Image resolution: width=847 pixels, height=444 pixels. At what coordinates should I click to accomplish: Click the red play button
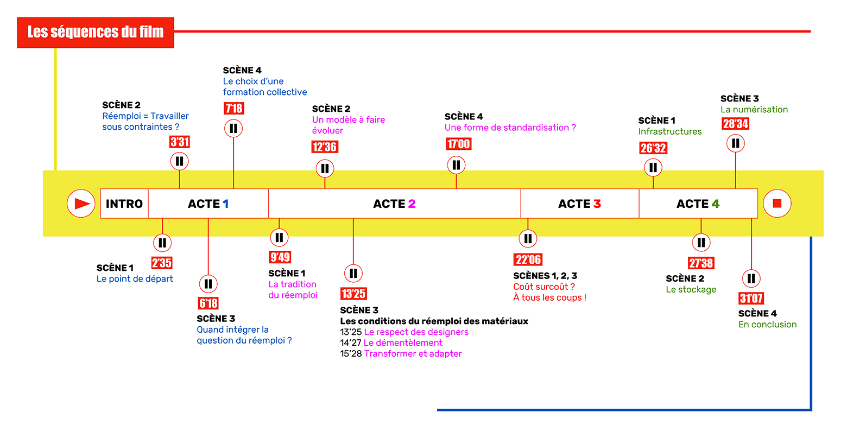[x=81, y=204]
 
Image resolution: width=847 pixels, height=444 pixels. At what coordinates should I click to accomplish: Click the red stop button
[x=776, y=204]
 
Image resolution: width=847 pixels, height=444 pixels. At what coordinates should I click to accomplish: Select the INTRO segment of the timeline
[x=124, y=204]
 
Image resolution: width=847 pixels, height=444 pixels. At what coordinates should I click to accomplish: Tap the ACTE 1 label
[x=208, y=204]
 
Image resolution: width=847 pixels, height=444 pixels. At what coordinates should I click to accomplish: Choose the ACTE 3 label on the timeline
[x=579, y=204]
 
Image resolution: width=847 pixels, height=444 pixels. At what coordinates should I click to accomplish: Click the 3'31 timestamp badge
[x=180, y=142]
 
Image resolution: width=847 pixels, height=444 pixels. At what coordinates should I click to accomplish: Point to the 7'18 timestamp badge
[x=234, y=109]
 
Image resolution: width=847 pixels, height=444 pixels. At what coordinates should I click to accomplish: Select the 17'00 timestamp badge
[x=458, y=144]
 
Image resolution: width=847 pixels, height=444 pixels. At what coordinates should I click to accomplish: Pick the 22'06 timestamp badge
[x=528, y=259]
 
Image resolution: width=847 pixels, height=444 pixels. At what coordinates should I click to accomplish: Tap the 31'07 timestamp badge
[x=751, y=298]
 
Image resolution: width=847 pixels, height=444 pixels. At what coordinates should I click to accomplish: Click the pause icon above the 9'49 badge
[x=279, y=237]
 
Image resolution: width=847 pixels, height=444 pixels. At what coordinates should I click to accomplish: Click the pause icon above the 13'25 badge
[x=353, y=273]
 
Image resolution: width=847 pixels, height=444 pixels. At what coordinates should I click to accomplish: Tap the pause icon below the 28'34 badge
[x=736, y=143]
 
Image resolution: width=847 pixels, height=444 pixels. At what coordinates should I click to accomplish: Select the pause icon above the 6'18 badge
[x=208, y=284]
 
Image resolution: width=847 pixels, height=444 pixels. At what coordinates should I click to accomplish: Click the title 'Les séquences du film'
[x=96, y=33]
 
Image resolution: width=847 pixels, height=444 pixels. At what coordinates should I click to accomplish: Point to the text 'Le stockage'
[x=691, y=290]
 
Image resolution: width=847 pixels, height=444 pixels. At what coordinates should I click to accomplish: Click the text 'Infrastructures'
[x=669, y=131]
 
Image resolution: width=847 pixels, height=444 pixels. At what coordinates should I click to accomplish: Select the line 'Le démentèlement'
[x=403, y=343]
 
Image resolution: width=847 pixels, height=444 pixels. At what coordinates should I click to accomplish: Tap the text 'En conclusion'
[x=767, y=325]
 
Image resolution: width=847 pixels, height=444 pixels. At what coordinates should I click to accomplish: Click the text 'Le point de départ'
[x=135, y=279]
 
